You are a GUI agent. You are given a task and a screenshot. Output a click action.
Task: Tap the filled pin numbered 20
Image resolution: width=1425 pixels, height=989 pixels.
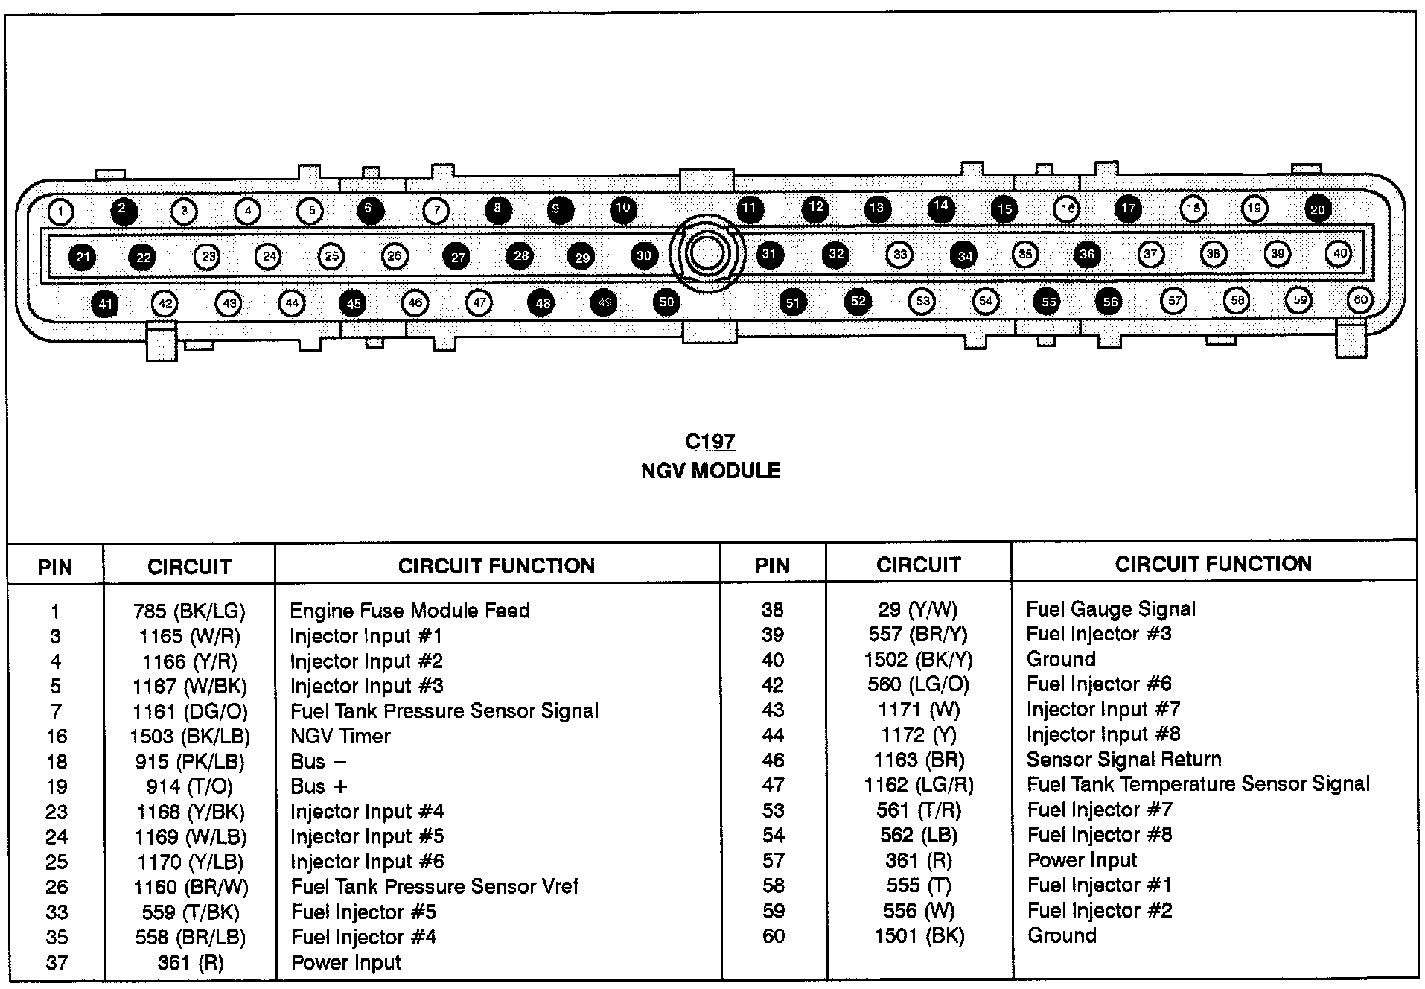click(1317, 209)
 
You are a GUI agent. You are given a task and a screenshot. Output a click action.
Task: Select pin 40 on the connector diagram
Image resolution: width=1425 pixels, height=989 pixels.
click(1339, 254)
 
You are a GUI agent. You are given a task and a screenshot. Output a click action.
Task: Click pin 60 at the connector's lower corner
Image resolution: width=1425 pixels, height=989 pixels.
click(1360, 300)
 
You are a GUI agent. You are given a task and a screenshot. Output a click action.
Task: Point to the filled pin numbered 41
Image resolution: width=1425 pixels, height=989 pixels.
click(105, 304)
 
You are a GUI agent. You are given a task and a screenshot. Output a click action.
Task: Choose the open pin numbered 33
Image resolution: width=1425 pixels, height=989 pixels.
click(900, 255)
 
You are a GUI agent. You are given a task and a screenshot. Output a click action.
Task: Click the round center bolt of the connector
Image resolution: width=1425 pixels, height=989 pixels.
click(706, 253)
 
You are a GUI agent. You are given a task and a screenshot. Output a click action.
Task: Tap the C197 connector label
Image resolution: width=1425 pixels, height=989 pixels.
click(710, 442)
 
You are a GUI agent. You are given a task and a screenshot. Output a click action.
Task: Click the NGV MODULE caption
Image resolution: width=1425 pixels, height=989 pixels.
click(710, 471)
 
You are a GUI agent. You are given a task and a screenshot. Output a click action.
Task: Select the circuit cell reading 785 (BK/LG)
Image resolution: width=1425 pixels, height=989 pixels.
click(189, 611)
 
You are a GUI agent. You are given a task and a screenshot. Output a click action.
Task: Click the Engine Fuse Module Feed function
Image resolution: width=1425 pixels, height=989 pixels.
click(409, 611)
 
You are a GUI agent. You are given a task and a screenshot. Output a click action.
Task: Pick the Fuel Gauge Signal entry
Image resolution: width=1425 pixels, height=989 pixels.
click(1110, 609)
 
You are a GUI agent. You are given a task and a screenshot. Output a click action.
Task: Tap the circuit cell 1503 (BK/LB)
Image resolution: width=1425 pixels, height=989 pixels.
click(189, 737)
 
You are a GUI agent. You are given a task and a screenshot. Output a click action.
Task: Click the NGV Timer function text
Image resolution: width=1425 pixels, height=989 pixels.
click(340, 737)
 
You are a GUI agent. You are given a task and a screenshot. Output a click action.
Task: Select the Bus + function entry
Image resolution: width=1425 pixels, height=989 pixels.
click(319, 786)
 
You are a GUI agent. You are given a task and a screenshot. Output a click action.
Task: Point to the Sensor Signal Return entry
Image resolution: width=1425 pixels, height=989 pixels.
click(1123, 760)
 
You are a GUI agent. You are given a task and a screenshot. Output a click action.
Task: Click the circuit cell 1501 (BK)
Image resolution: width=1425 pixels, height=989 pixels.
click(919, 936)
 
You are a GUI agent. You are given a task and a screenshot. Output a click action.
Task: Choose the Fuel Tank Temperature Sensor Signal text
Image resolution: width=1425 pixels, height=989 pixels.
click(1198, 784)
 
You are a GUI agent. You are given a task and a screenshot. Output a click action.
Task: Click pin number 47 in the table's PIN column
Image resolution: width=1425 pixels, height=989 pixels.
click(773, 785)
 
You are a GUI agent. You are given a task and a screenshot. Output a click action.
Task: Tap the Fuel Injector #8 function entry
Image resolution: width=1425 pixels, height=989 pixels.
click(1099, 835)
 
